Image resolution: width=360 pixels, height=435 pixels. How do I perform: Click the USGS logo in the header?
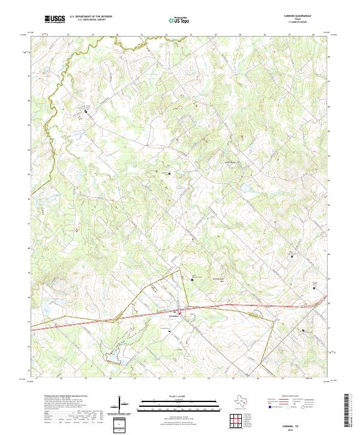(x=55, y=19)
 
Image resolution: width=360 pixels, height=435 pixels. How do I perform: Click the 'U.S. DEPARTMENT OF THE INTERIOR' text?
(x=91, y=17)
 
